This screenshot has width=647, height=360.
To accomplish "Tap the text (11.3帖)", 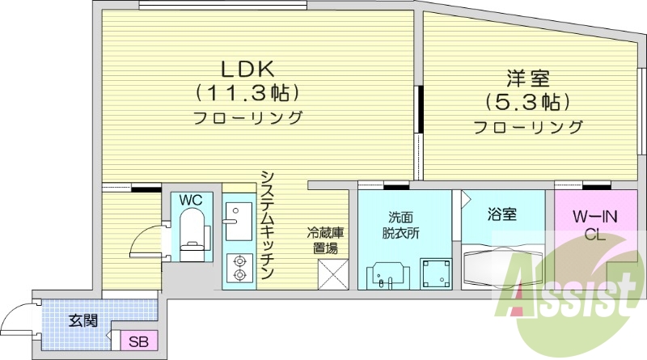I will (x=247, y=91).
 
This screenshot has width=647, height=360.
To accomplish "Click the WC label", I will (x=190, y=199).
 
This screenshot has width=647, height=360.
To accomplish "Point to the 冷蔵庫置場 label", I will (x=326, y=240).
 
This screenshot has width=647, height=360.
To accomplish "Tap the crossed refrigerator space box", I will (x=332, y=273).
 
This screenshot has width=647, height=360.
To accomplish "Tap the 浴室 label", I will (x=502, y=215).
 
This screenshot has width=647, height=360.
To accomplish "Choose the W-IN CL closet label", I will (x=596, y=225).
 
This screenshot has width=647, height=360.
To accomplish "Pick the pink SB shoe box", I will (x=139, y=341).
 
